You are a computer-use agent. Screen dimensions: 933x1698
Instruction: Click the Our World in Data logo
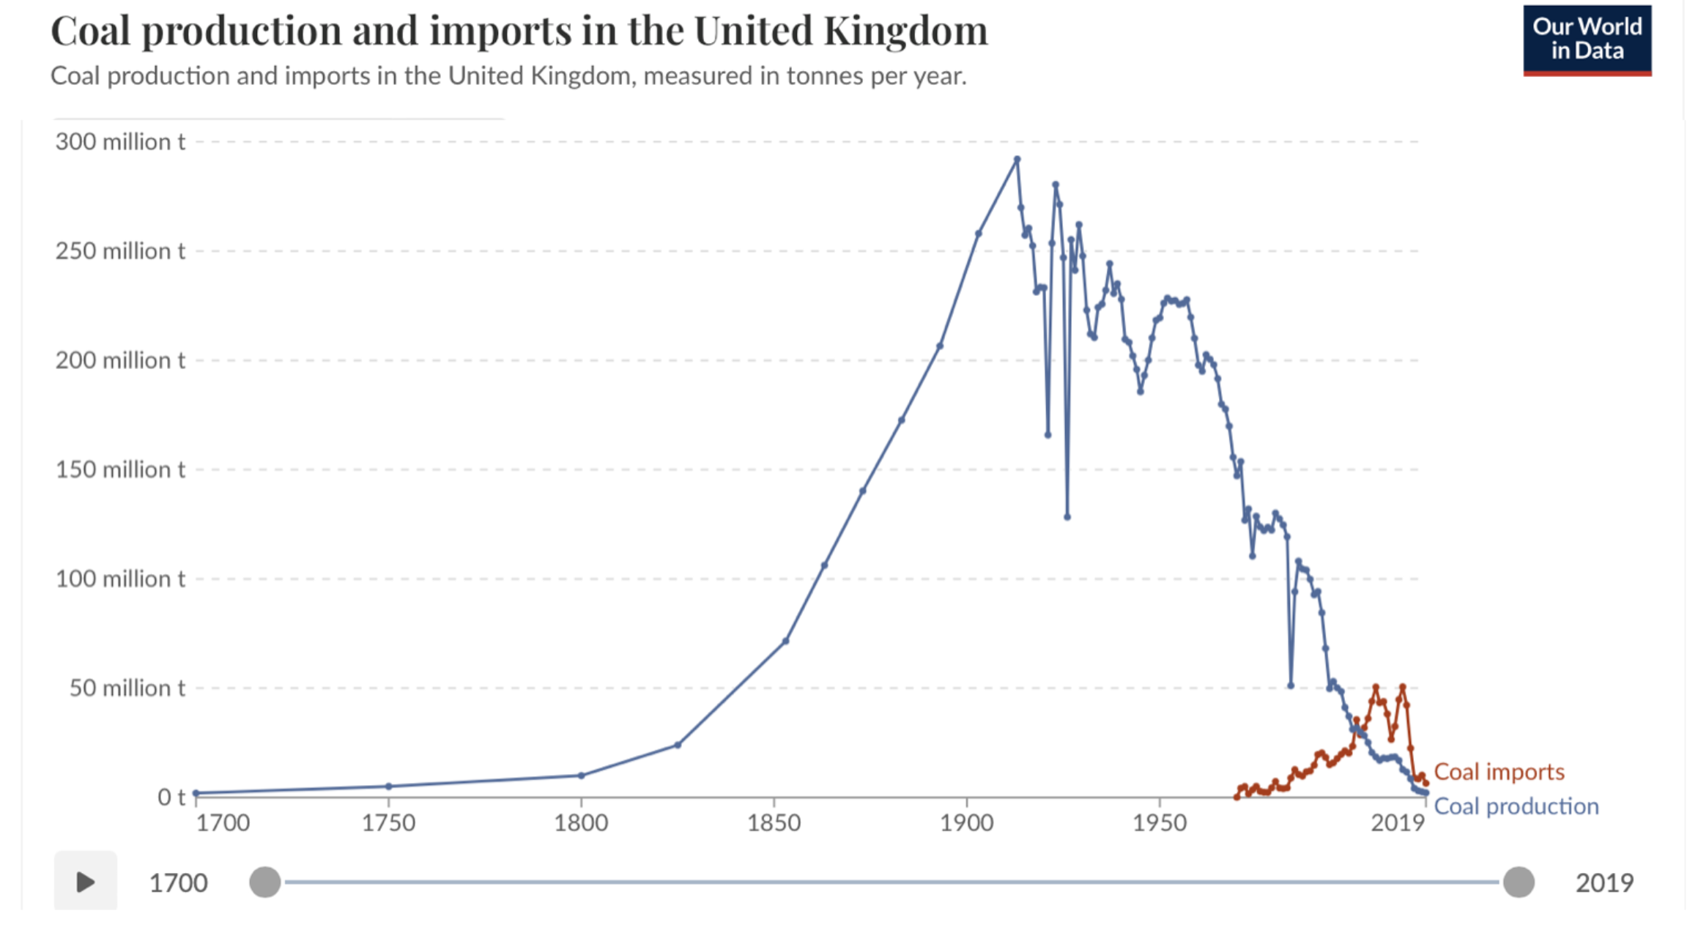point(1587,40)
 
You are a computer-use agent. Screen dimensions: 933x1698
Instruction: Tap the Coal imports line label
point(1499,772)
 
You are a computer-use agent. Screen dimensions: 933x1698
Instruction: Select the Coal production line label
point(1516,806)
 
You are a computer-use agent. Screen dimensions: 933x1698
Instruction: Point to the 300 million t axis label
point(120,141)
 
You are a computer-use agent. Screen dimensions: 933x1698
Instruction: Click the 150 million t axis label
point(120,469)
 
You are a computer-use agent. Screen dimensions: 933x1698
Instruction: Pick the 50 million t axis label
point(127,688)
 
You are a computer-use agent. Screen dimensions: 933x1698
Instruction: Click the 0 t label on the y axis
point(171,797)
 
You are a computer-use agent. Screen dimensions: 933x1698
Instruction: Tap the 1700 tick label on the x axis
point(223,823)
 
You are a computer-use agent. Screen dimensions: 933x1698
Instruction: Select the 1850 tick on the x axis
point(774,823)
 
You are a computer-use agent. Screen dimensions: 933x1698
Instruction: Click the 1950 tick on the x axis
point(1159,823)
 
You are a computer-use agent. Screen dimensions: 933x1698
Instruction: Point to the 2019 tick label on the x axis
point(1398,823)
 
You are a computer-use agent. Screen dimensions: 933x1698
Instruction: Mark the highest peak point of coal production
point(1017,159)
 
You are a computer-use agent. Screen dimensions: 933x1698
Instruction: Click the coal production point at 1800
point(582,775)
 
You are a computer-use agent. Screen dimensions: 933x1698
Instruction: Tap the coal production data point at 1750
point(389,787)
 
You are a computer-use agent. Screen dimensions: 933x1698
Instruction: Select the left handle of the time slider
point(265,882)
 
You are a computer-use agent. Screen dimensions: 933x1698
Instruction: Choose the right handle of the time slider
point(1519,882)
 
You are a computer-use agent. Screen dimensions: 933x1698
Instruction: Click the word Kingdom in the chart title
point(905,31)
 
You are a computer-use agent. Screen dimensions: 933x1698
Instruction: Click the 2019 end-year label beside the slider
point(1604,883)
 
